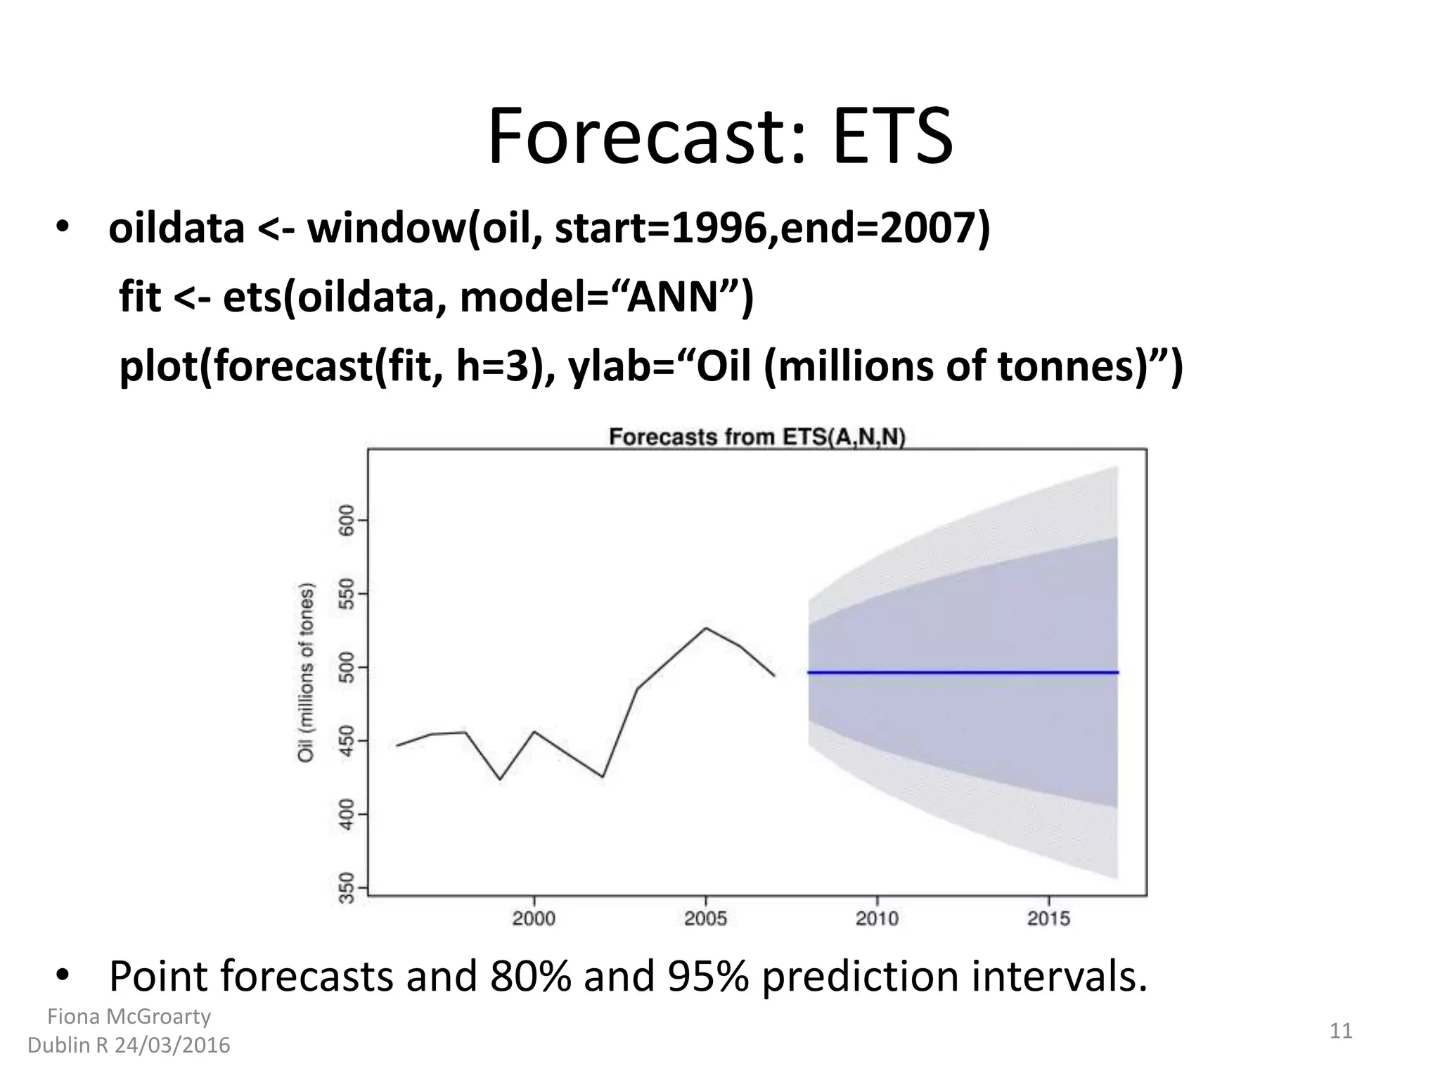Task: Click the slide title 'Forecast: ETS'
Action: tap(720, 137)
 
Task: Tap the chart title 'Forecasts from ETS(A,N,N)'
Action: tap(757, 437)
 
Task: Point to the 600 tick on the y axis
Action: tap(346, 520)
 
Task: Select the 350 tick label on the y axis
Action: tap(346, 889)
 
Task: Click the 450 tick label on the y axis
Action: tap(346, 741)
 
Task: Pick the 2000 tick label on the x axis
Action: tap(534, 918)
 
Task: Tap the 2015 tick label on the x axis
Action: tap(1048, 918)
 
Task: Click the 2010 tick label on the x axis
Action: tap(877, 918)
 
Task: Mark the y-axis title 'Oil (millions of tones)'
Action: tap(306, 672)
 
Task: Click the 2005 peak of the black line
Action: tap(706, 628)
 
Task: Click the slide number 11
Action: tap(1341, 1031)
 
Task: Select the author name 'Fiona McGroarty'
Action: tap(129, 1016)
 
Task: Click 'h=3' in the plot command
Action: tap(491, 366)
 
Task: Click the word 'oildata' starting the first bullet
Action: tap(176, 229)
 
